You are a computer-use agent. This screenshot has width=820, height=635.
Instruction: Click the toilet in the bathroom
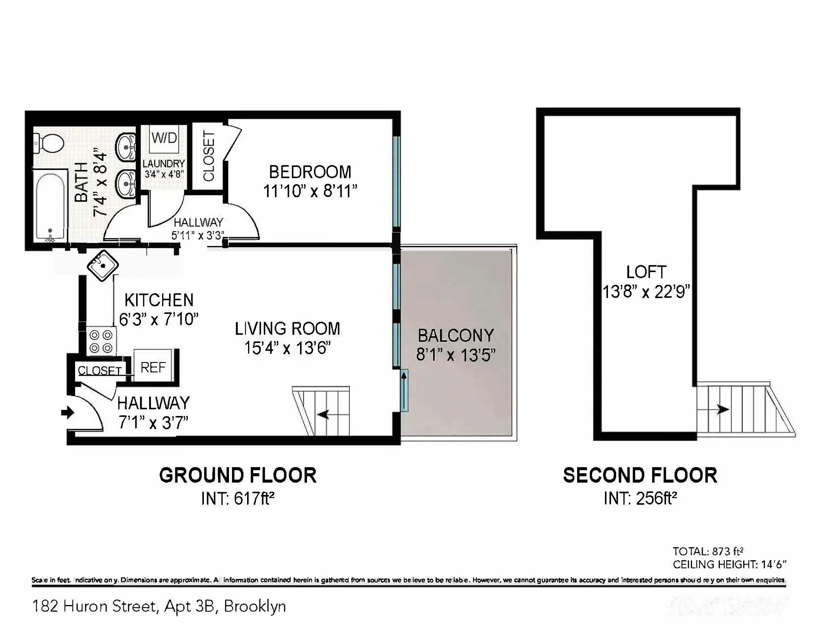tap(50, 143)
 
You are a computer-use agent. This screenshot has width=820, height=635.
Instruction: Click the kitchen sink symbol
tap(103, 265)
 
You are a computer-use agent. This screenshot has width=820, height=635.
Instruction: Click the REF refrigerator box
tap(153, 367)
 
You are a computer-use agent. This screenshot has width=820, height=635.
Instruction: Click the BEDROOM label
tap(310, 172)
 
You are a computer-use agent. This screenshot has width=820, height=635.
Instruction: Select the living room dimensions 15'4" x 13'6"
tap(287, 348)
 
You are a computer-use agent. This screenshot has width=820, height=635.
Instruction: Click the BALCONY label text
tap(456, 335)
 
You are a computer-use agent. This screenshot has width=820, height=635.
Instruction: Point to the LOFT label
tap(646, 272)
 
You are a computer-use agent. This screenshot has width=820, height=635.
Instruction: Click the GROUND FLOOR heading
tap(238, 475)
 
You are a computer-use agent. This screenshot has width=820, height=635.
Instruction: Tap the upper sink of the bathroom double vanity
tap(126, 147)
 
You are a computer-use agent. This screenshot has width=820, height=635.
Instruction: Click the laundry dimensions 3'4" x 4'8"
tap(164, 175)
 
